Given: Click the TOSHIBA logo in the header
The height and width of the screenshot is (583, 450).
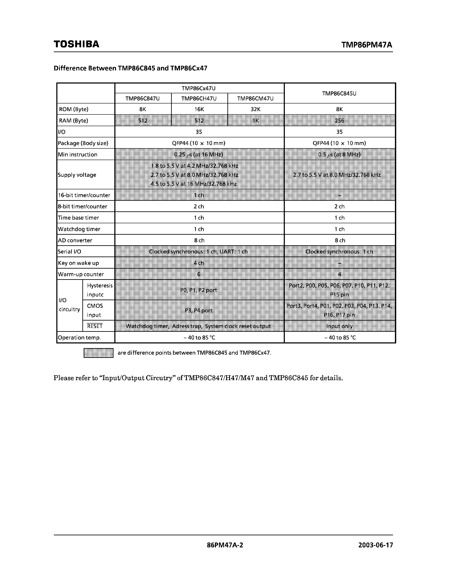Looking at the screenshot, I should pos(76,44).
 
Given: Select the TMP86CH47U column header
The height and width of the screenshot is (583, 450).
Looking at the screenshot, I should pos(199,99).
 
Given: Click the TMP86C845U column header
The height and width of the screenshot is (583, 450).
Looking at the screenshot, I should pos(339,93).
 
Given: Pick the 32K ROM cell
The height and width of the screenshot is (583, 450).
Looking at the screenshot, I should pos(255,109).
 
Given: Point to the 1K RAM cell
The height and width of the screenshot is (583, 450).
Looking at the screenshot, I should pos(255,120).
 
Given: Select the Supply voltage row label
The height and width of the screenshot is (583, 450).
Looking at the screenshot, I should pos(77,175).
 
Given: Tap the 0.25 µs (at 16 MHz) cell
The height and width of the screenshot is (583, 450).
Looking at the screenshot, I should pos(199,154).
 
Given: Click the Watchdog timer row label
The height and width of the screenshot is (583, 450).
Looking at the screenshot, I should pos(79,229).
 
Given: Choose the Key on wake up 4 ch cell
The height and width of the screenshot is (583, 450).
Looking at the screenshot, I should pos(199,263).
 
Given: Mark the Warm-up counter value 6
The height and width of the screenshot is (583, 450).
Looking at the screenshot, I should pos(199,274).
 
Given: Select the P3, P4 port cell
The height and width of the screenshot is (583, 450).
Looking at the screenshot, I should pos(199,310).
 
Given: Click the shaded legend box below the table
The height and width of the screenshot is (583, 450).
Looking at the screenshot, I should pos(98,353).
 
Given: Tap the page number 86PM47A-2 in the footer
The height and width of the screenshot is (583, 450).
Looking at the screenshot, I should pos(225,545).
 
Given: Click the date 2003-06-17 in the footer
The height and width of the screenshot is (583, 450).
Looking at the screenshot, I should pos(375,545).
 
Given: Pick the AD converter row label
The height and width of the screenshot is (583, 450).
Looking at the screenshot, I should pos(75,240).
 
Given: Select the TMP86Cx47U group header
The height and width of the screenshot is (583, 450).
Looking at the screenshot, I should pos(199,88).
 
